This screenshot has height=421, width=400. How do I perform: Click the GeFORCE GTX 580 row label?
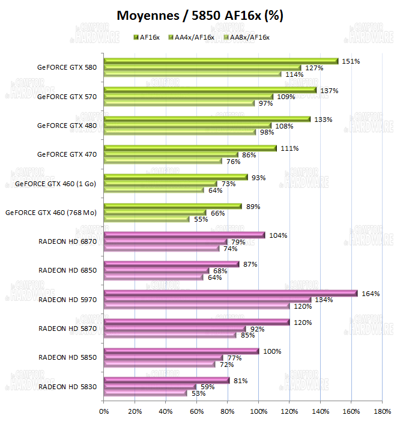pos(67,67)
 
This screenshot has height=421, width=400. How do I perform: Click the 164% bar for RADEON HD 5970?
pos(231,293)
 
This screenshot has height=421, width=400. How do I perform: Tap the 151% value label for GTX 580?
pos(350,61)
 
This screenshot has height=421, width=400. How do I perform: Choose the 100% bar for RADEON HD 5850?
pos(181,351)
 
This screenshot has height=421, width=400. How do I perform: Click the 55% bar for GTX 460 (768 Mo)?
pos(146,219)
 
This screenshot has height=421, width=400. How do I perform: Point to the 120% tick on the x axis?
pos(289,412)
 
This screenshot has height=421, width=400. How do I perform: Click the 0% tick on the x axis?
pos(104,412)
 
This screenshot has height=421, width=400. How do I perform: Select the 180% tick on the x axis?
pos(382,412)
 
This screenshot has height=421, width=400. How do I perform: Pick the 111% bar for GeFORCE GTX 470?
pos(190,148)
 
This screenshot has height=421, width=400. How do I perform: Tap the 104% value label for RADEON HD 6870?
pos(278,235)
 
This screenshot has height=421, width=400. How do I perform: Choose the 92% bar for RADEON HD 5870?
pos(175,329)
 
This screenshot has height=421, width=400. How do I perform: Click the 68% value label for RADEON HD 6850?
pos(220,271)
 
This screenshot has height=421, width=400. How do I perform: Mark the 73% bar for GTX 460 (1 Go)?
pos(160,184)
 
